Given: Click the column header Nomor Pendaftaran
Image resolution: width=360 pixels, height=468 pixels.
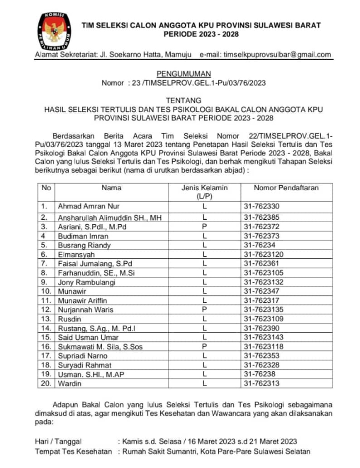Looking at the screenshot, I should (x=286, y=188).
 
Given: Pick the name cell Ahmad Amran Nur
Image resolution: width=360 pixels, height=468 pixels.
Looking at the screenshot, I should (x=88, y=206).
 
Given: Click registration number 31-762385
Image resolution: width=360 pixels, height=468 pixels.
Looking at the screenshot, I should (x=261, y=217).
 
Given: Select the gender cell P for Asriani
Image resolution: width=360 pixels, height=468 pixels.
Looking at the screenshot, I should (x=204, y=226).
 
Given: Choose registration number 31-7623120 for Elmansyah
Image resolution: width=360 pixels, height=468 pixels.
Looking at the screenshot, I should (x=263, y=254).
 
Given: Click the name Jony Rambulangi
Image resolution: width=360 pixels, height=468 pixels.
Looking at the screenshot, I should (x=86, y=282).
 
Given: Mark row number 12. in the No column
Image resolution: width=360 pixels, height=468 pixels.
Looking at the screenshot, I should (x=46, y=309).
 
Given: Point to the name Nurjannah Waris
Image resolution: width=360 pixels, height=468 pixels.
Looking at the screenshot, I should (x=85, y=309).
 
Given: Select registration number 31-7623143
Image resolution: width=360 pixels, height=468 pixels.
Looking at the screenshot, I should (x=263, y=337).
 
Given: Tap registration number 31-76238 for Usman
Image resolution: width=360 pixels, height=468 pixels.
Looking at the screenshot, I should (x=259, y=374).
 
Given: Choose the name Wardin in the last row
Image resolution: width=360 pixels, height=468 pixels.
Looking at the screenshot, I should (x=69, y=383).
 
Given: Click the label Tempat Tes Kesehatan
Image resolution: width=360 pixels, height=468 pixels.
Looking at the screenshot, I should (x=73, y=451).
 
